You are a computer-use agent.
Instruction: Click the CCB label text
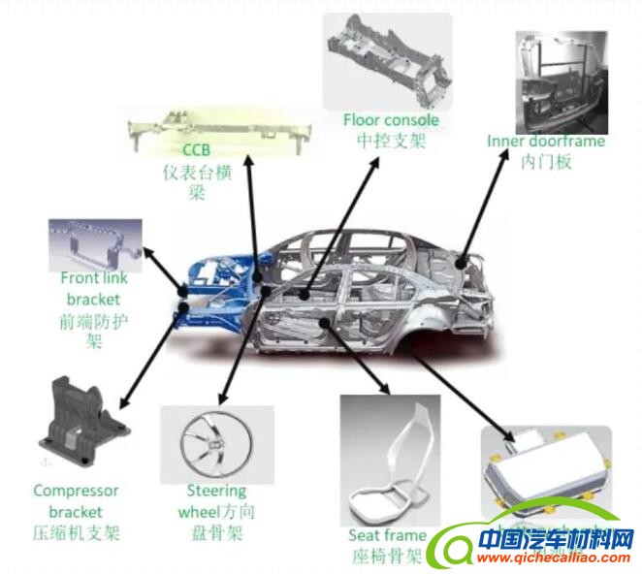[x=196, y=150]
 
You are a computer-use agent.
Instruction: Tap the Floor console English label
[x=391, y=120]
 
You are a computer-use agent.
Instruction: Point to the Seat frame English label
[x=387, y=535]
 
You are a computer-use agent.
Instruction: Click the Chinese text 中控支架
[x=391, y=141]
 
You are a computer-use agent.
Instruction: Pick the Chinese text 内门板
[x=545, y=162]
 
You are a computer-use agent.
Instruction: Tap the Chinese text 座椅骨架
[x=387, y=556]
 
